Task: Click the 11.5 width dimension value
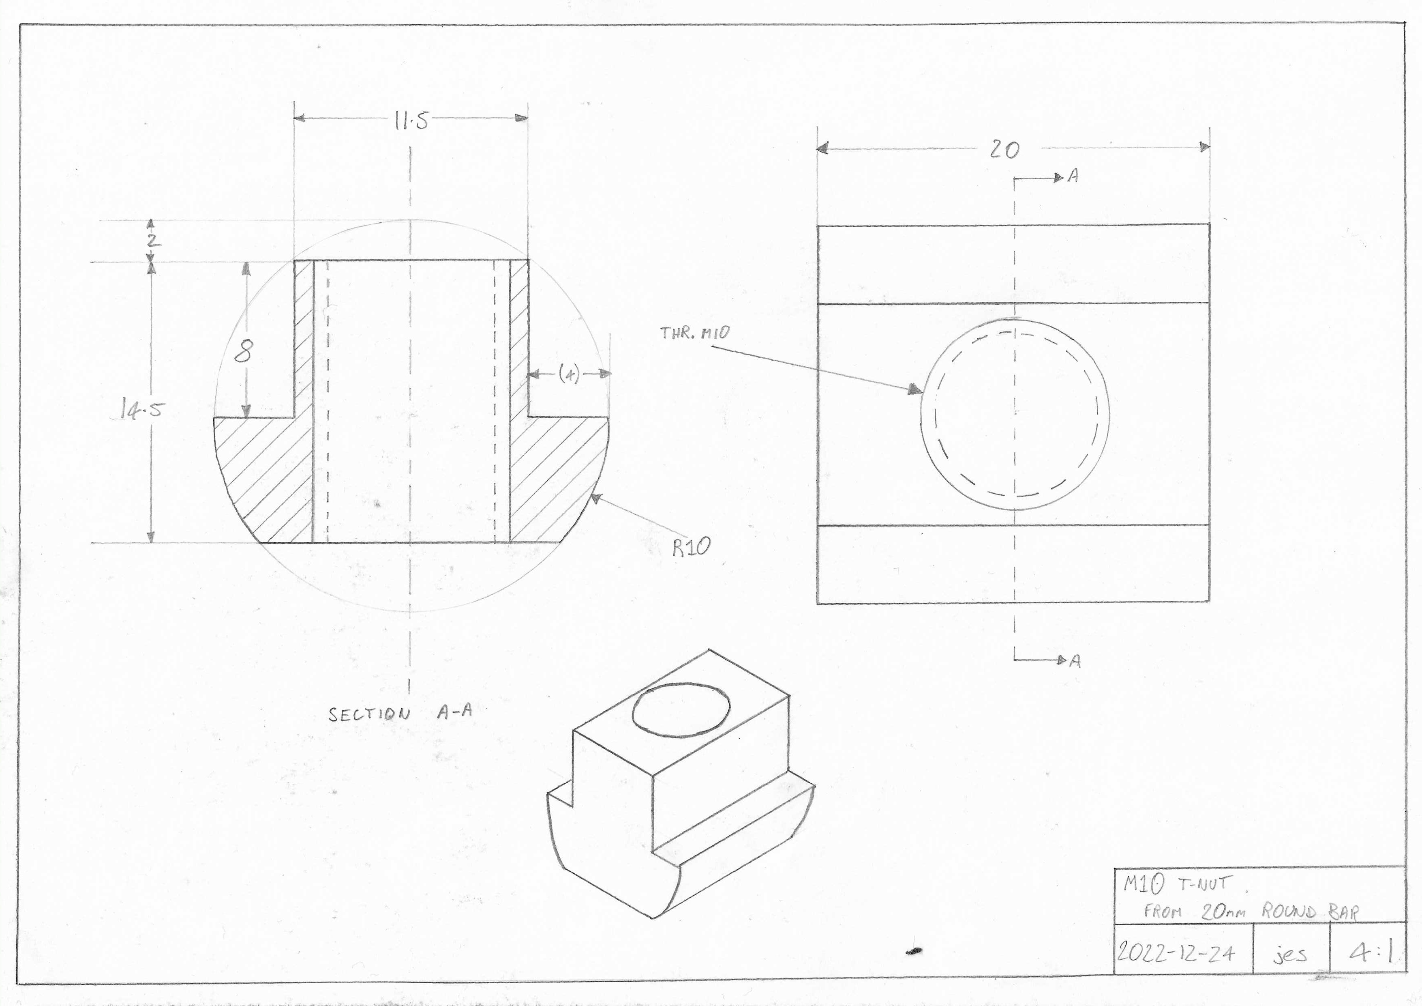point(411,121)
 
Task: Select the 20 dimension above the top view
point(1004,149)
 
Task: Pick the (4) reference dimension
point(569,374)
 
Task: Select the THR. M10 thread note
point(695,333)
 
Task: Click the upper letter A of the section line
point(1073,176)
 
